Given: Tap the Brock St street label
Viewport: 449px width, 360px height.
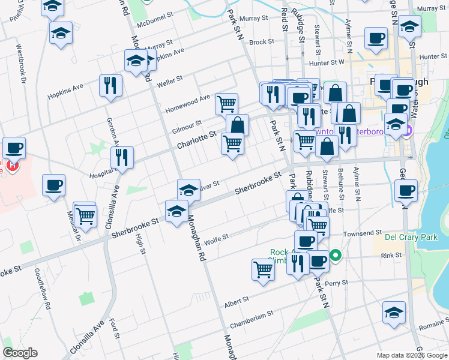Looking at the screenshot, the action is pos(261,42).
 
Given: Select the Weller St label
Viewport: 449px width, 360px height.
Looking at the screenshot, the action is pos(169,82).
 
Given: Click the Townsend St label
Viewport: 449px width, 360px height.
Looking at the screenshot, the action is pos(363,232).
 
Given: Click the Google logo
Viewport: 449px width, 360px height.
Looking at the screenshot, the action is pos(20,353).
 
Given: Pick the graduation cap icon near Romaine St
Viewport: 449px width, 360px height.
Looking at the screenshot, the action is pos(393,313).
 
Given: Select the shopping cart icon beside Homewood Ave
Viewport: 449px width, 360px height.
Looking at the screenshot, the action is pos(226,104).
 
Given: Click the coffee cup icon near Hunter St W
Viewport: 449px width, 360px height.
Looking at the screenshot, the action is pos(376,38).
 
